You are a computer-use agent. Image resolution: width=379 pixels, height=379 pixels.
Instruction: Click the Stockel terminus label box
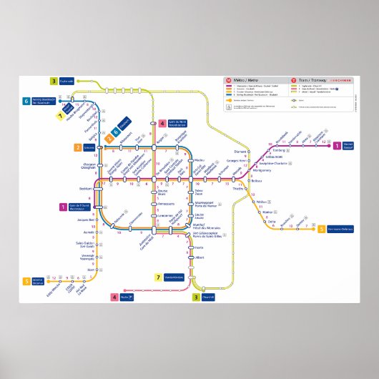tap(348, 146)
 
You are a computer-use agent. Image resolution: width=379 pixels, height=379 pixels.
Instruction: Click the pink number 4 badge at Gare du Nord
tap(163, 123)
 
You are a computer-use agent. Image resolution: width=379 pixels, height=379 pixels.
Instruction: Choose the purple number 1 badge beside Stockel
tap(336, 146)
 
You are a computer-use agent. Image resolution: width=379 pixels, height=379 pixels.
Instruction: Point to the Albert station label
tap(200, 257)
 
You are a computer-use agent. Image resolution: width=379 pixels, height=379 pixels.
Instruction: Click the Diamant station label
tap(240, 152)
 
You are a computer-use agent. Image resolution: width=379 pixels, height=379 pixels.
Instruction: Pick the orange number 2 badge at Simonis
tap(77, 147)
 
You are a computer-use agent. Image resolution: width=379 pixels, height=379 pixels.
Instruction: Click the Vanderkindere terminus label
tap(174, 277)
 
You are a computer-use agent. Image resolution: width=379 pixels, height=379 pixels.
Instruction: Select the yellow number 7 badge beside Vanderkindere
tap(158, 277)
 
